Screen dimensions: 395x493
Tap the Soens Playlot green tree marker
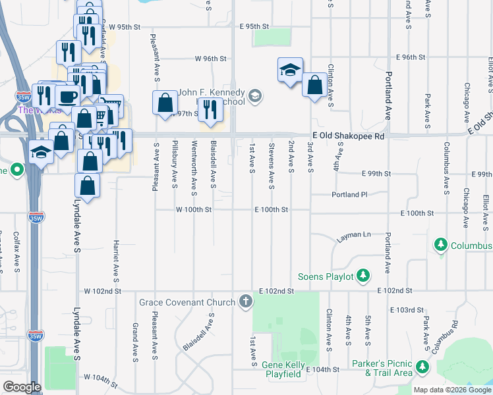[x=362, y=276]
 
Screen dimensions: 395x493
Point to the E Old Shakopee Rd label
[x=348, y=135]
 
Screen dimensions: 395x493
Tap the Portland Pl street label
[x=350, y=195]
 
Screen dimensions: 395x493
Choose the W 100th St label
[x=193, y=209]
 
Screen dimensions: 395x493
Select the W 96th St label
[x=211, y=59]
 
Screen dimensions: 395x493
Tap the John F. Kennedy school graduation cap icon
[x=256, y=97]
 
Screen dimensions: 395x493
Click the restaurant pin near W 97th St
[x=210, y=109]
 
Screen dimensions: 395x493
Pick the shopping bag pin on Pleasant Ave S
[x=165, y=103]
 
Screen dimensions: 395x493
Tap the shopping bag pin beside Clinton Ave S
[x=315, y=84]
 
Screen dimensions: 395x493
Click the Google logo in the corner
[x=21, y=387]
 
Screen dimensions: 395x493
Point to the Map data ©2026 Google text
[x=452, y=390]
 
